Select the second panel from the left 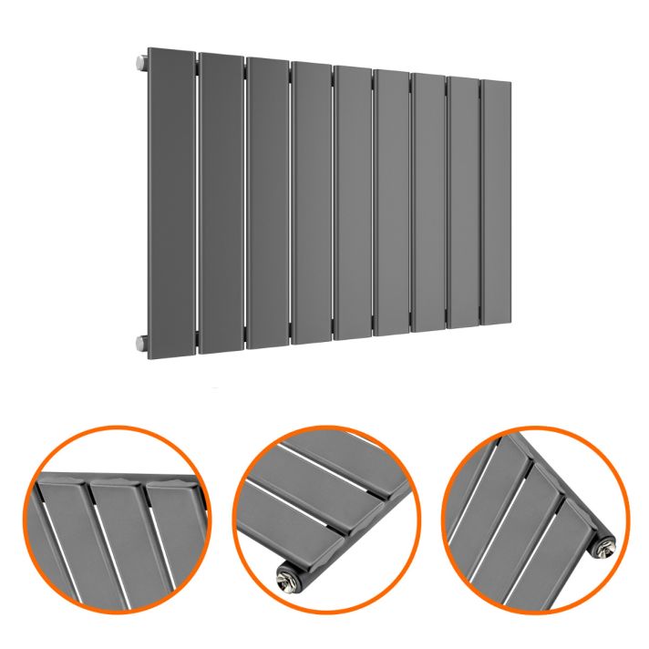tap(220, 202)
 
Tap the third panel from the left tap(266, 202)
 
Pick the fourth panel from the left tap(311, 202)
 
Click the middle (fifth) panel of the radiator tap(353, 202)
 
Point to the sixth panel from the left tap(392, 202)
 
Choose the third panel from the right tap(428, 202)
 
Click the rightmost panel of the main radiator tap(494, 202)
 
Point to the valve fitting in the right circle tap(603, 545)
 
